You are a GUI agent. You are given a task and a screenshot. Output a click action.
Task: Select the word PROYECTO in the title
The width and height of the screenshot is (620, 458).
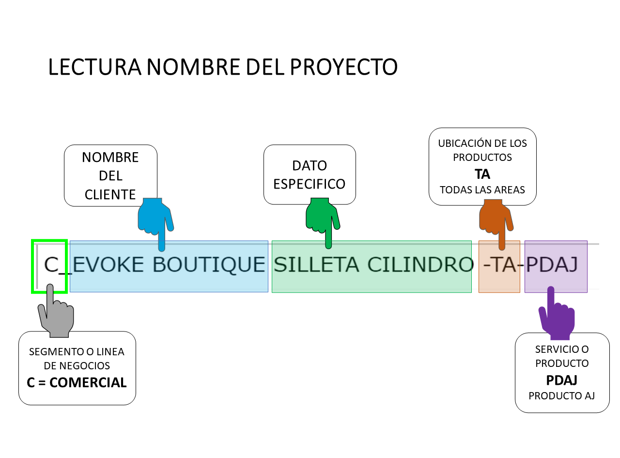(x=344, y=67)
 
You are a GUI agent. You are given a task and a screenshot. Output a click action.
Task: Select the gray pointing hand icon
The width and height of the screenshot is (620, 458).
(x=56, y=314)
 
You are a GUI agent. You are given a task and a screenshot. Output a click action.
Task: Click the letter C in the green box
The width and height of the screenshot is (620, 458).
(x=51, y=265)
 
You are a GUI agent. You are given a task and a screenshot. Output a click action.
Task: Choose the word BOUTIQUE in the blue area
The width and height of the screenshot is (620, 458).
(x=209, y=265)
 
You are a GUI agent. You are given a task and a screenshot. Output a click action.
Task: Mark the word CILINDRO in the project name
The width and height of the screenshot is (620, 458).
(x=420, y=265)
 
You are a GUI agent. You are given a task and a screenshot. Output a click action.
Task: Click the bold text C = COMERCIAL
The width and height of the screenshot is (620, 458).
(x=77, y=382)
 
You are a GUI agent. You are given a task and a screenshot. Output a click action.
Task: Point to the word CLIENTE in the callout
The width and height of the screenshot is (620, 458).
(x=110, y=194)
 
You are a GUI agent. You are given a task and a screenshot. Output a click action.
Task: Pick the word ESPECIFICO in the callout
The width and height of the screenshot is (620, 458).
(x=310, y=184)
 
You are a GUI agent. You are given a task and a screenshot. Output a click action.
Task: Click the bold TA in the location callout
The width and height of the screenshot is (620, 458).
(x=482, y=174)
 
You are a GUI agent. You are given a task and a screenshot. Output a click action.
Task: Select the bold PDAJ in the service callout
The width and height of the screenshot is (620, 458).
(x=561, y=379)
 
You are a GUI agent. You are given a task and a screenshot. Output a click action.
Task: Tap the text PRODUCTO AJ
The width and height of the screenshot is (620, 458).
(x=561, y=395)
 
